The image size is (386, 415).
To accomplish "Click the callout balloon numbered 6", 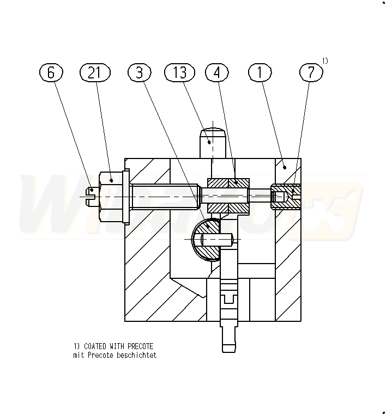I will pos(51,72).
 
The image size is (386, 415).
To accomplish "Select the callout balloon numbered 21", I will pos(95,72).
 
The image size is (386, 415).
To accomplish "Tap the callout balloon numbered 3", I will pos(140,72).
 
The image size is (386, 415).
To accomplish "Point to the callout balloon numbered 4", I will pos(217,72).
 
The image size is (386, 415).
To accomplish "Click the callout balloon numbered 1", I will pos(260,72).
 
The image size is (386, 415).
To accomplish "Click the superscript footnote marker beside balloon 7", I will pos(325,60).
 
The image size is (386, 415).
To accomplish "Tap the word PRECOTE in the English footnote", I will pos(140,346).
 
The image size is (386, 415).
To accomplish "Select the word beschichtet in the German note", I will pos(140,355).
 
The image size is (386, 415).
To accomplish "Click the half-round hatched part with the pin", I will pos(207,240).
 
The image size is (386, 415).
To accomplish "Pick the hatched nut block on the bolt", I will pos(228,194).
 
